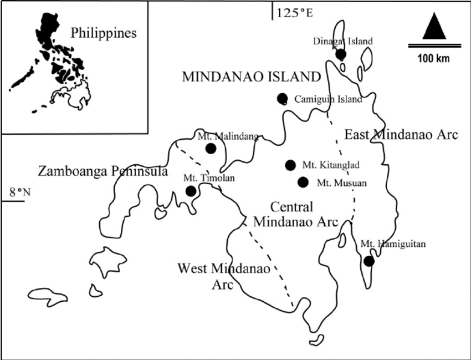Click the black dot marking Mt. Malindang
211,148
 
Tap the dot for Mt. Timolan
191,191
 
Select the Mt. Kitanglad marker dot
290,165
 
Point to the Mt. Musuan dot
303,182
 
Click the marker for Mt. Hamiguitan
369,261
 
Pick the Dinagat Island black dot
340,54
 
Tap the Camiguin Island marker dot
282,98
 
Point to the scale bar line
434,45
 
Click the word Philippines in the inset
104,33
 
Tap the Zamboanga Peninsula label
103,172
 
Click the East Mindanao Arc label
401,135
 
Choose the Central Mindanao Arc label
296,214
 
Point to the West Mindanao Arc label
223,276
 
